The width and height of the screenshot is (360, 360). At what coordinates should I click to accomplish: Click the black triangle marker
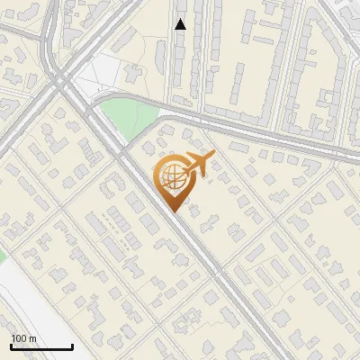[x=180, y=24]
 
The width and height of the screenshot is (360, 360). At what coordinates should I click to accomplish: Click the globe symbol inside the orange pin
[x=171, y=178]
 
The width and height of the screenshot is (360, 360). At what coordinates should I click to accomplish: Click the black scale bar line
[x=41, y=347]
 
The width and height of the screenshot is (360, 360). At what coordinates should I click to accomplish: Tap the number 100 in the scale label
[x=19, y=338]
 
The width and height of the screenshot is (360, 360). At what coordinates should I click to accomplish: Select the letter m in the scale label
[x=32, y=339]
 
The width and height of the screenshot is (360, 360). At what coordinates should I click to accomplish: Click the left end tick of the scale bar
[x=11, y=346]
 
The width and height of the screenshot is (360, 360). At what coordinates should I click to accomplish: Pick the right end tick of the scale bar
[x=72, y=346]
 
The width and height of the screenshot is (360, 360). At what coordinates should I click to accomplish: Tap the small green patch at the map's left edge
[x=2, y=256]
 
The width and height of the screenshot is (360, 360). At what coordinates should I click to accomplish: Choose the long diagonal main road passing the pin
[x=216, y=270]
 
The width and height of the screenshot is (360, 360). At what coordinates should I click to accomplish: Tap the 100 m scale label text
[x=23, y=338]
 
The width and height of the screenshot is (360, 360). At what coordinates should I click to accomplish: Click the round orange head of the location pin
[x=171, y=177]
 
